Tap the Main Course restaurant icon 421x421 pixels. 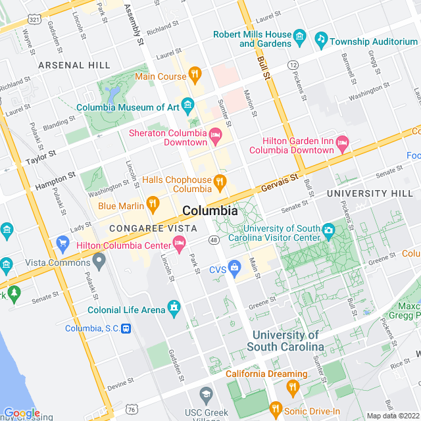(x=195, y=76)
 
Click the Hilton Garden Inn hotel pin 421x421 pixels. (x=342, y=142)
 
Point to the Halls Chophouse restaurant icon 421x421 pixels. (x=220, y=180)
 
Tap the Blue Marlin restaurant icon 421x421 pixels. (x=153, y=205)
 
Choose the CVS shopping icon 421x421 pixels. (x=234, y=269)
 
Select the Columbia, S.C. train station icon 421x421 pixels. (x=126, y=328)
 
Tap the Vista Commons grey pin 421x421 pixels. (x=99, y=262)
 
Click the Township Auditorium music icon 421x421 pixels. (x=321, y=41)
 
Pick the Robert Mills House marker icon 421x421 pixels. (x=300, y=35)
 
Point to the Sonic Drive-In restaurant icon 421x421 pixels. (x=276, y=410)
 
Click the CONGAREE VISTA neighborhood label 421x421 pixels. (x=143, y=228)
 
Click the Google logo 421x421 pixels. (x=21, y=412)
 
